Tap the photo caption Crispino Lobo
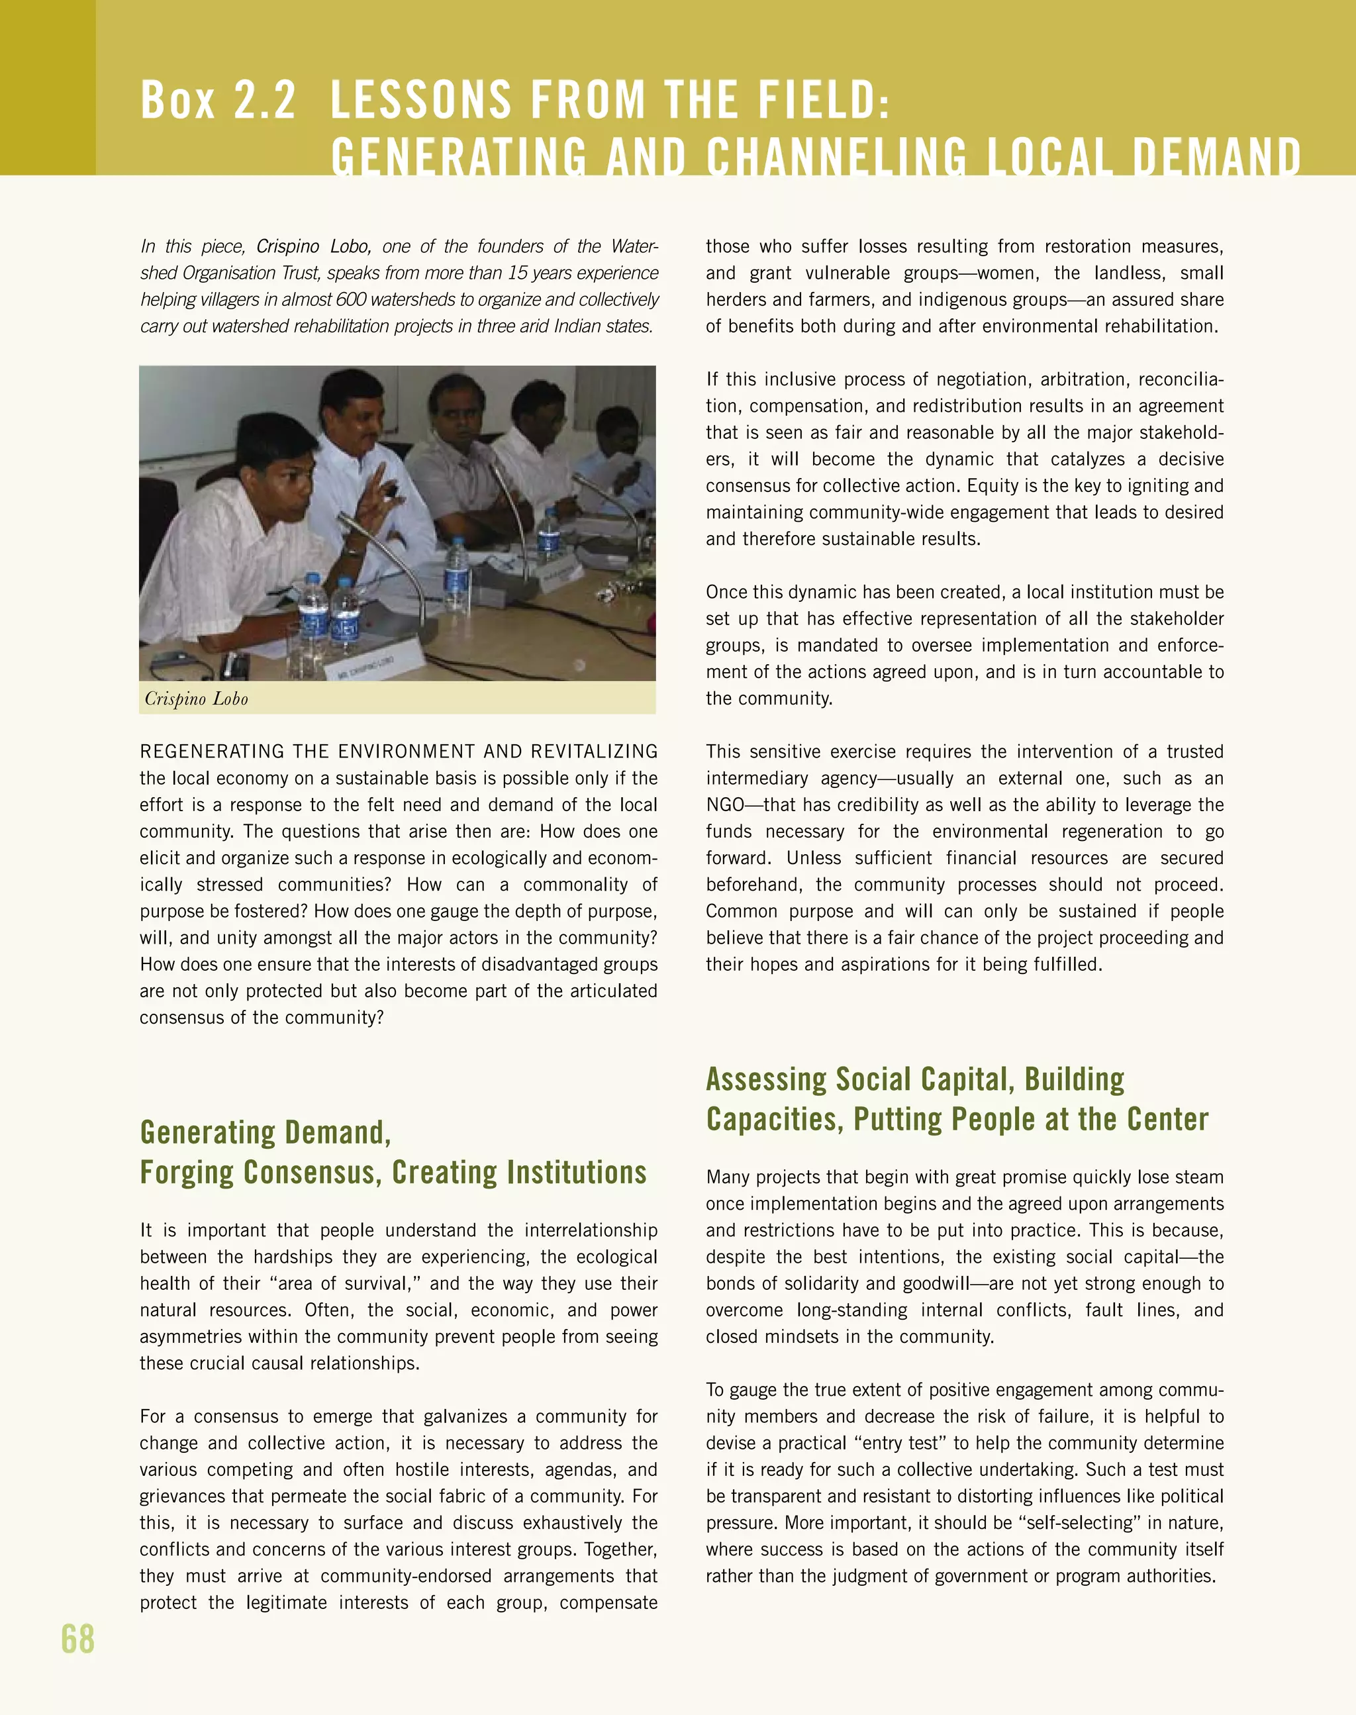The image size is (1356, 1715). pyautogui.click(x=196, y=699)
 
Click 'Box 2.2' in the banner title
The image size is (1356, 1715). pyautogui.click(x=218, y=100)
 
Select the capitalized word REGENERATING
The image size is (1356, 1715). pyautogui.click(x=212, y=751)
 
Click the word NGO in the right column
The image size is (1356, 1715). pyautogui.click(x=725, y=805)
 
